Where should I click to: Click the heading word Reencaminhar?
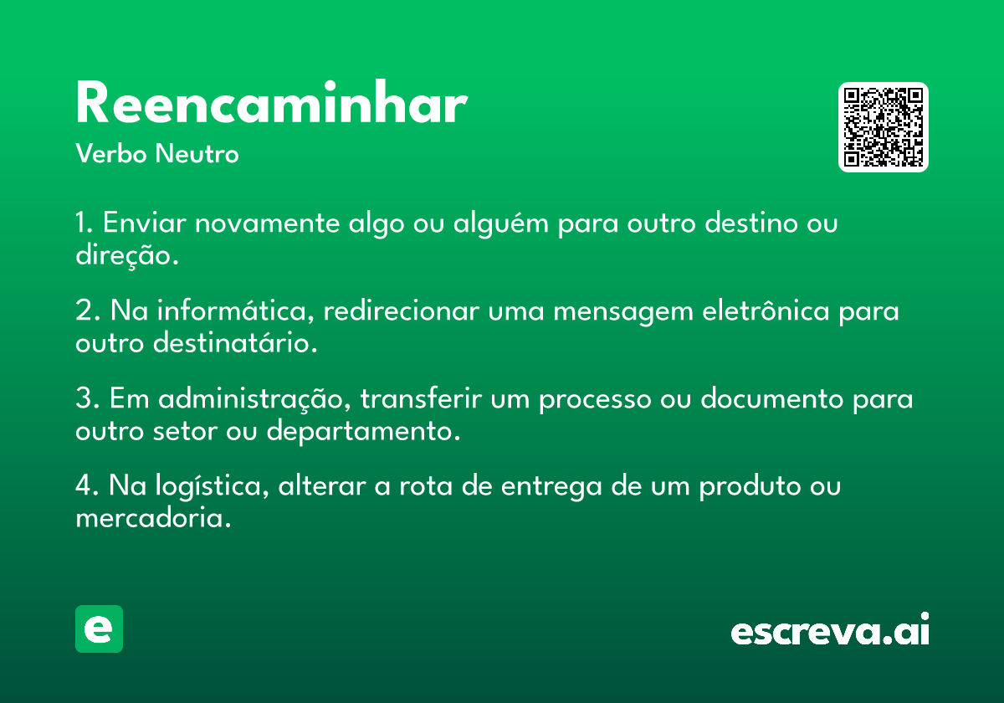(x=272, y=102)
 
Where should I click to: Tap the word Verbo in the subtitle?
(x=111, y=153)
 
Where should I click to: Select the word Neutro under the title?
(x=197, y=153)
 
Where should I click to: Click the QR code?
(x=883, y=127)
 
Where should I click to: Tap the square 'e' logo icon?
(x=99, y=629)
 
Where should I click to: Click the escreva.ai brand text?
(x=830, y=629)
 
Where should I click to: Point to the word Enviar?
(x=144, y=223)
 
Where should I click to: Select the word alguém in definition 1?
(x=500, y=223)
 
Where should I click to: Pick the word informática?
(x=231, y=310)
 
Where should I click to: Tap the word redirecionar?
(x=401, y=310)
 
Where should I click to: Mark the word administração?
(x=250, y=398)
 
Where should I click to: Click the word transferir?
(x=421, y=398)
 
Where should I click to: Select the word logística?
(x=208, y=486)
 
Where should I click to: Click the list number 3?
(x=84, y=398)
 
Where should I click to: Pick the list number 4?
(x=84, y=485)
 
